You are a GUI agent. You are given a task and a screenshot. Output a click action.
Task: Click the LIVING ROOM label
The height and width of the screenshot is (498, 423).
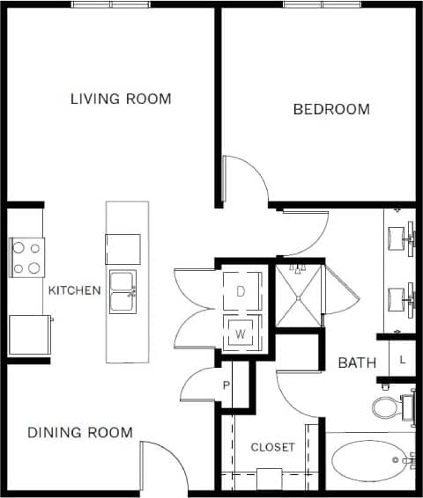[x=121, y=99]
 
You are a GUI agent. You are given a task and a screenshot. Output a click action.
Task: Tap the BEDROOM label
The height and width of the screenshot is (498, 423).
[x=331, y=110]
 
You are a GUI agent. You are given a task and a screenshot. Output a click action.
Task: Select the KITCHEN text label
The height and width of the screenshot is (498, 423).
[x=74, y=290]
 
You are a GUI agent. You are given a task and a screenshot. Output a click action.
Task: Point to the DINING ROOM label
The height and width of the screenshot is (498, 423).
[x=80, y=432]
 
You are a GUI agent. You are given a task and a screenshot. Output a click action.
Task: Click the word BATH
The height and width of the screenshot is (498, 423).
[x=357, y=363]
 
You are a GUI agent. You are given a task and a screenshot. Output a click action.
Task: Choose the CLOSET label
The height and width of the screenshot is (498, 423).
[x=273, y=447]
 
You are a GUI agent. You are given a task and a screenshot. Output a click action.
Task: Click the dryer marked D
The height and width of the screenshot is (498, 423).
[x=240, y=292]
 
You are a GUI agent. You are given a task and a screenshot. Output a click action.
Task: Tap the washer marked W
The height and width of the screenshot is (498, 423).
[x=240, y=333]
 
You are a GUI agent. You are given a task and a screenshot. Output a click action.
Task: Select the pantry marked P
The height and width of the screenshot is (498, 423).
[x=226, y=385]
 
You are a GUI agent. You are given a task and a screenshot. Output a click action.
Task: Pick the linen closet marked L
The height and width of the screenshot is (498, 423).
[x=402, y=359]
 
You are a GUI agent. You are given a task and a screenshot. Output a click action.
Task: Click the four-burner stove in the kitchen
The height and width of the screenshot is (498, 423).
[x=26, y=258]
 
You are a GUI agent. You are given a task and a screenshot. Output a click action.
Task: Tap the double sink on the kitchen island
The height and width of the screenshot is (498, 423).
[x=122, y=292]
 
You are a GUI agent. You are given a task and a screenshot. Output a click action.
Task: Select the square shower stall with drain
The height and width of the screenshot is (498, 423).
[x=299, y=296]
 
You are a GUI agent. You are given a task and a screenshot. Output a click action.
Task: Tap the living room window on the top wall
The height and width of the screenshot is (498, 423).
[x=110, y=5]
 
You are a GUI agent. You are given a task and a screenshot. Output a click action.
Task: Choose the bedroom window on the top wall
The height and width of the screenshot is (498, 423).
[x=323, y=5]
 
